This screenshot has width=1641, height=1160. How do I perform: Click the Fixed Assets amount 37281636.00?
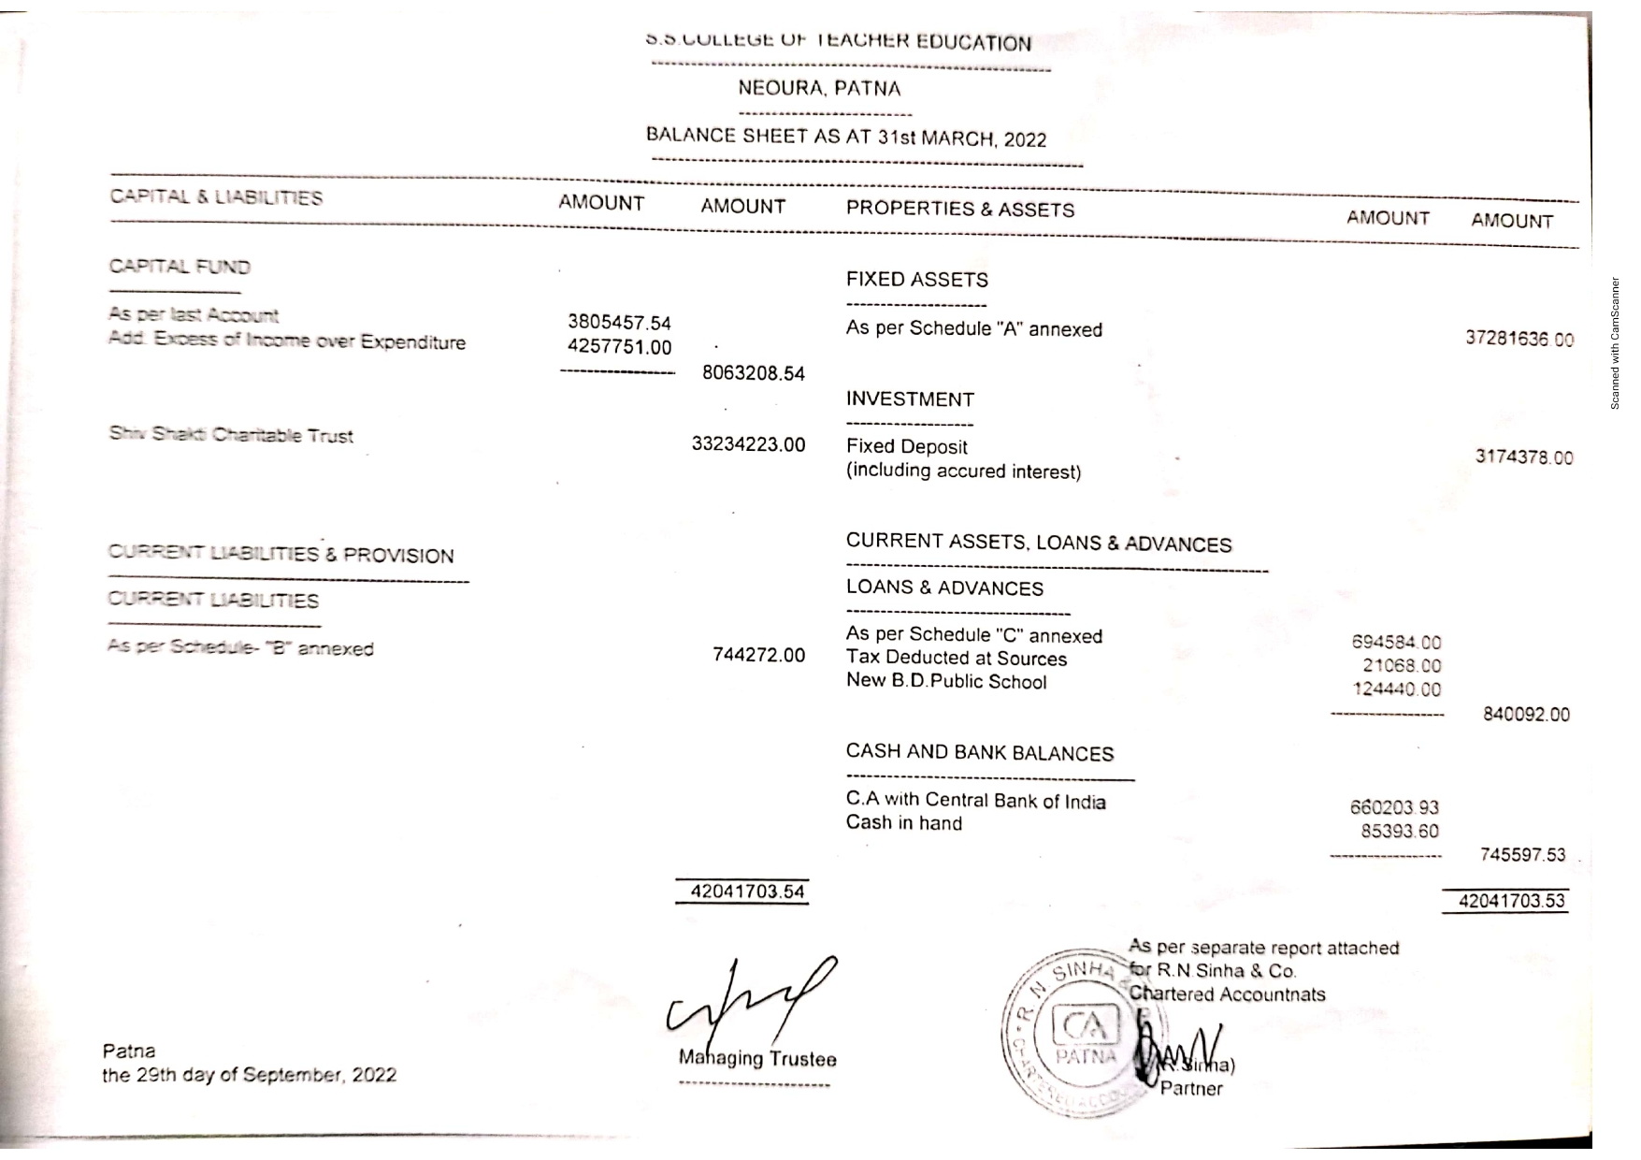1519,339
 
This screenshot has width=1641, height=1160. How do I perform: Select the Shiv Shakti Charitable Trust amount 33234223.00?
748,444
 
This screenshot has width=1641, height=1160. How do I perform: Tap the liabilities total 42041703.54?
747,892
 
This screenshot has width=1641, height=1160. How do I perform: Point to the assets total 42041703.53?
1511,902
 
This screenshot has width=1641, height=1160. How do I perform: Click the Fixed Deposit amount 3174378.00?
1523,457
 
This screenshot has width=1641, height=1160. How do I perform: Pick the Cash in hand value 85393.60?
1400,832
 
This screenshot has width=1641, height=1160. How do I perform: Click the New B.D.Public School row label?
945,682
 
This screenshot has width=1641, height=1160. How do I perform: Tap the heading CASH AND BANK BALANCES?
979,753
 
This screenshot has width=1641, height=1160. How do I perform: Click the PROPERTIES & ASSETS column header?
959,210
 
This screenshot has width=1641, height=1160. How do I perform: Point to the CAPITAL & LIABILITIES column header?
216,197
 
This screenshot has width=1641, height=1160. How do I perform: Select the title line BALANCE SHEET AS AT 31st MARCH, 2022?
845,138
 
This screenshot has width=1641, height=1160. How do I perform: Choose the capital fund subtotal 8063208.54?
753,374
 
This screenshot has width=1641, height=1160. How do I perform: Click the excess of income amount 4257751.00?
619,347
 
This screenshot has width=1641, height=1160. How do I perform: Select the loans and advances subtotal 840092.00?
1526,715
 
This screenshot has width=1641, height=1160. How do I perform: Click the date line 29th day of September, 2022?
249,1076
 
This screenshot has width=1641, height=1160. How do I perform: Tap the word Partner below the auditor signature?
1190,1089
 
